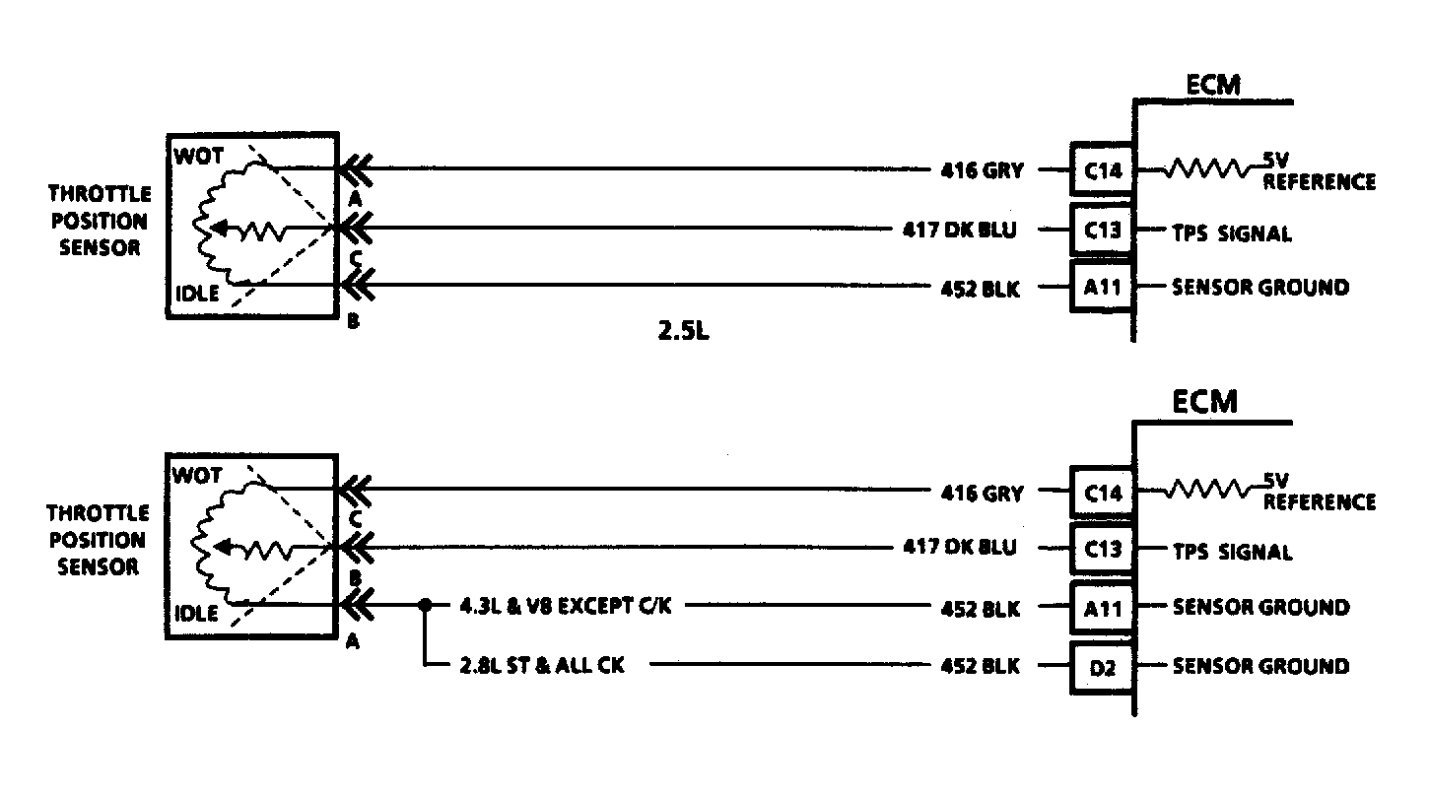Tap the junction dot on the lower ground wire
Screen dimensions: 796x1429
coord(426,606)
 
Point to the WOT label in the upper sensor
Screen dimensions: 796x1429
coord(200,157)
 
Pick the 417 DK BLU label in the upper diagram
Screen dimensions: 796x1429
coord(959,231)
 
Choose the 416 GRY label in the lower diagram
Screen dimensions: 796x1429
coord(983,493)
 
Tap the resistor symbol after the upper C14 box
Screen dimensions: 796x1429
coord(1207,169)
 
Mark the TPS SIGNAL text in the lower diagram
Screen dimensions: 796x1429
coord(1232,552)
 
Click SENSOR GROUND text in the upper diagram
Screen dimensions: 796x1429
coord(1260,288)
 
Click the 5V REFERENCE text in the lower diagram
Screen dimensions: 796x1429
coord(1319,493)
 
